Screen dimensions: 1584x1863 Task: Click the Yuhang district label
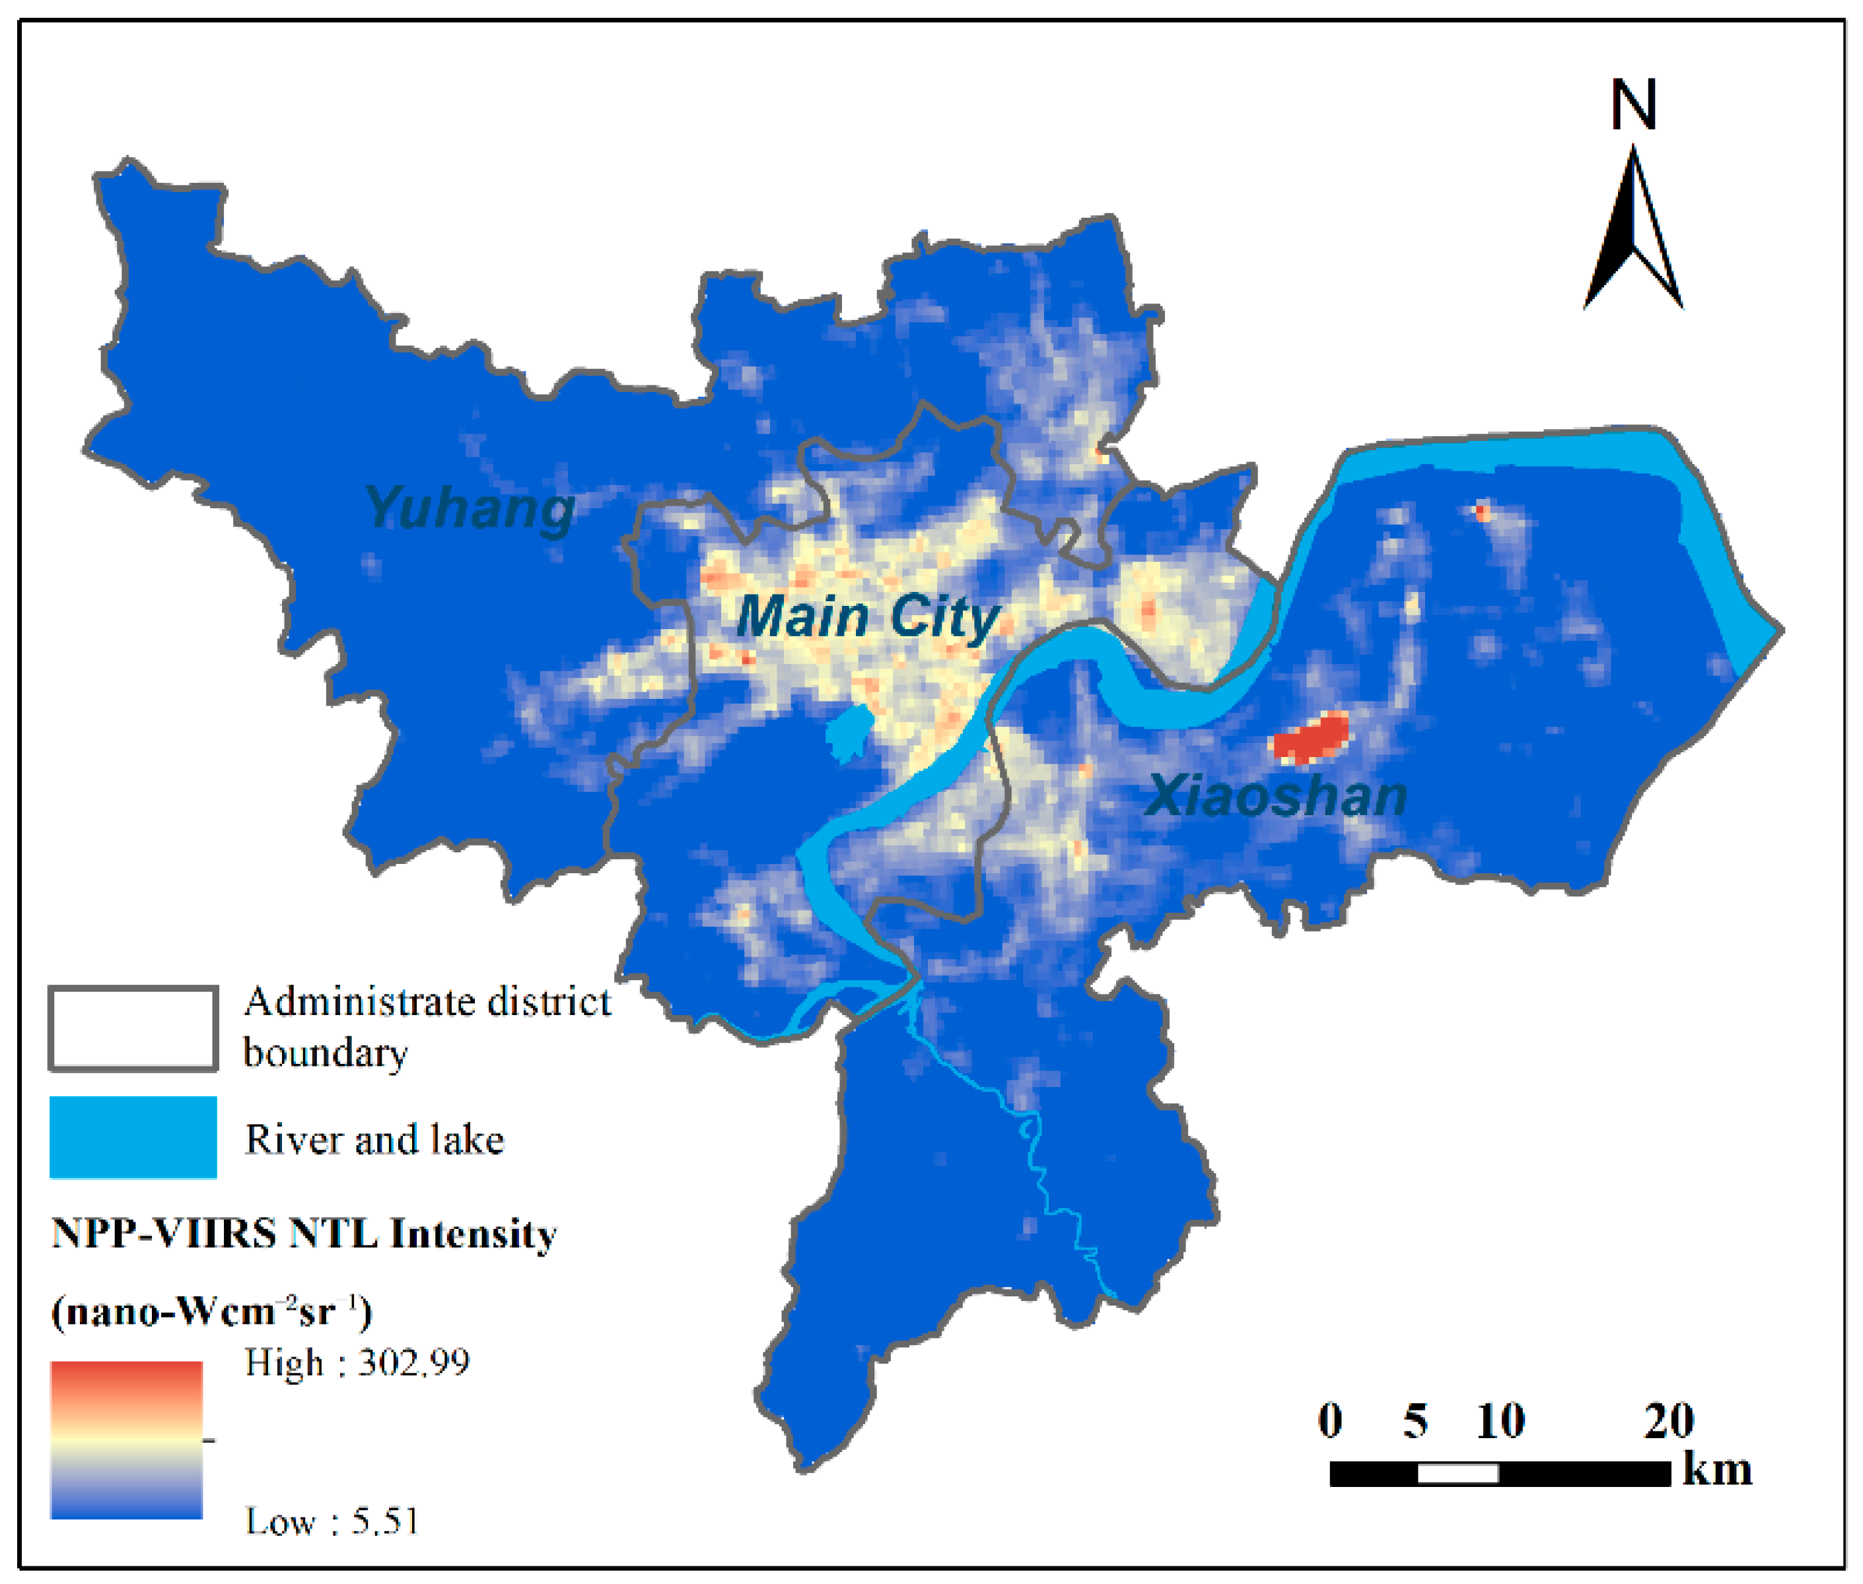469,508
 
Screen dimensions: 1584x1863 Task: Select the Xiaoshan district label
1275,795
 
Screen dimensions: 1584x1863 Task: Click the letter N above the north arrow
1632,105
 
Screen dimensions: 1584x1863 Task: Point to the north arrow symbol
1632,234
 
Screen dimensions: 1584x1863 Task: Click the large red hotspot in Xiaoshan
1312,738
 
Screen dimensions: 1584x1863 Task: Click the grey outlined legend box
133,1028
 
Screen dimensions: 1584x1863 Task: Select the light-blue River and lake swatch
133,1137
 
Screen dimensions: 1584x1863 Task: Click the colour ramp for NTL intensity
127,1440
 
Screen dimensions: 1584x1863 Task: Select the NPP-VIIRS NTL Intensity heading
304,1234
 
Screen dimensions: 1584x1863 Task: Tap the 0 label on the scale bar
1329,1420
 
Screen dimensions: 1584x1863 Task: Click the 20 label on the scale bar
1668,1420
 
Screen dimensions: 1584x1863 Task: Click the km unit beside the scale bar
1716,1470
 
